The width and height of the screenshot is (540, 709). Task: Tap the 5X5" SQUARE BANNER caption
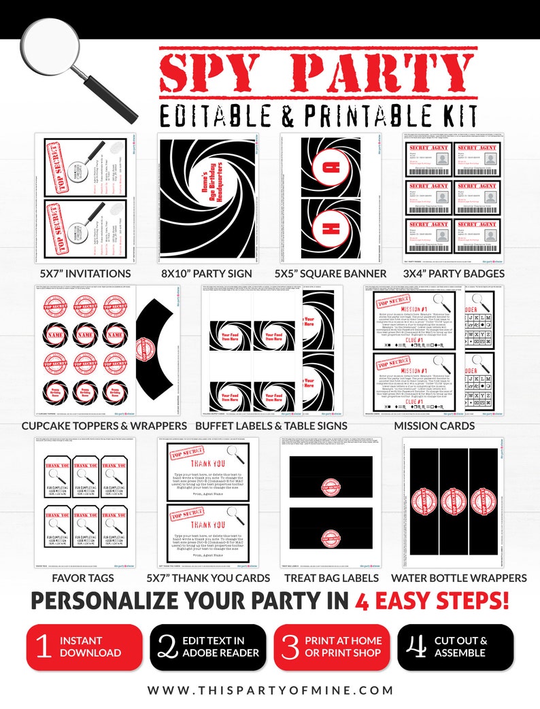pyautogui.click(x=331, y=273)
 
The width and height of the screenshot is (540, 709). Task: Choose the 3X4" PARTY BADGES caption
pyautogui.click(x=454, y=273)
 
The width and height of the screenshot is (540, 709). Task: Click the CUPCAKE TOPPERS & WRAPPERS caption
pyautogui.click(x=104, y=426)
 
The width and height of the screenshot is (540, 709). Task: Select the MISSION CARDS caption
pyautogui.click(x=435, y=426)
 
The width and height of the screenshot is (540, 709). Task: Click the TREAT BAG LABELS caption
pyautogui.click(x=331, y=578)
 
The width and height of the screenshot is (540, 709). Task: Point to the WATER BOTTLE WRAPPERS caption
pyautogui.click(x=458, y=578)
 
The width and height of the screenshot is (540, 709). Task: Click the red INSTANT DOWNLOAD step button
pyautogui.click(x=84, y=647)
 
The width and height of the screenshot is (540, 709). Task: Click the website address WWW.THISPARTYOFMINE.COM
pyautogui.click(x=270, y=690)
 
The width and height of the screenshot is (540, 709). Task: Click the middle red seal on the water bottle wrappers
pyautogui.click(x=454, y=502)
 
